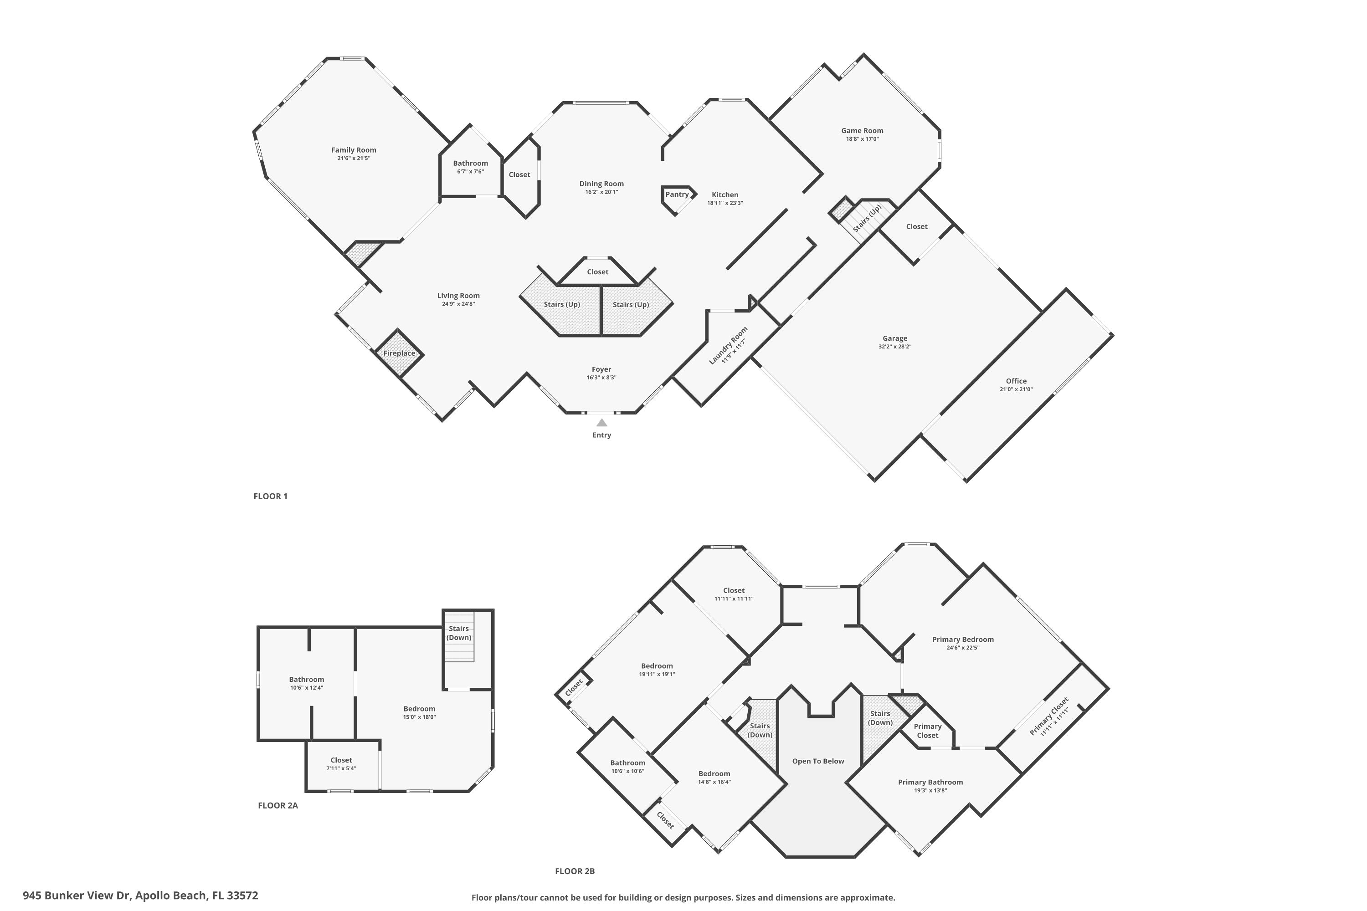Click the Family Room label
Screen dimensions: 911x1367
[354, 150]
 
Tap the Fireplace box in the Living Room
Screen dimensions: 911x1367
[399, 353]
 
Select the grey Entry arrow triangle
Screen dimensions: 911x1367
[601, 423]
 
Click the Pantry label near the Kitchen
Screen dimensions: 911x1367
[677, 194]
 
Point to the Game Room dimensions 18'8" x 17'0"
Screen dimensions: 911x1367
[862, 139]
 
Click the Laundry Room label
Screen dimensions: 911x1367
[728, 345]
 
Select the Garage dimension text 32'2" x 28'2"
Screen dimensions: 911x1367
[894, 347]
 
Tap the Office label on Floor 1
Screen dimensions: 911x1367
[1016, 381]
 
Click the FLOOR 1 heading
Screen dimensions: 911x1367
[270, 496]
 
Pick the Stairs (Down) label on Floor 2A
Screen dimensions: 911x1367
[458, 633]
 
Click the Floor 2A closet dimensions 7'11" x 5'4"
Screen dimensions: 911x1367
[341, 768]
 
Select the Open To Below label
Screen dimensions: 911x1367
[818, 761]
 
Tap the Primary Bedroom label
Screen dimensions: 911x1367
[962, 639]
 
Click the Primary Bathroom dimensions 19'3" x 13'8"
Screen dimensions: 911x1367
[930, 790]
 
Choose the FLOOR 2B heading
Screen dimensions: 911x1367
[574, 871]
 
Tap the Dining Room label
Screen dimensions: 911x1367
[601, 184]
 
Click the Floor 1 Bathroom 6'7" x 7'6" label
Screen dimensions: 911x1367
[470, 171]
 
